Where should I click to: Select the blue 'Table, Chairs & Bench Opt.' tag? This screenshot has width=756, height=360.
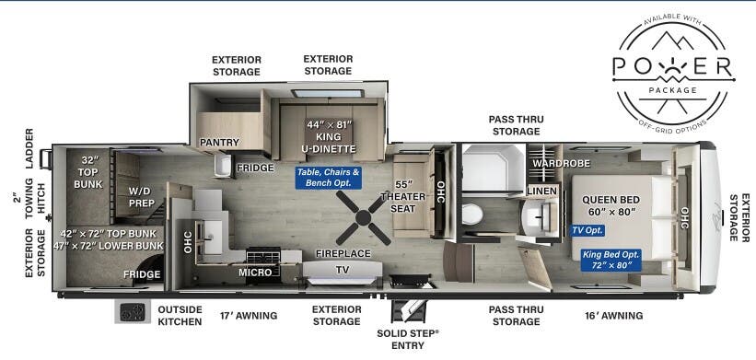[x=328, y=178]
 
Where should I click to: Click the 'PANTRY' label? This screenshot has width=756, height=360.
[x=220, y=143]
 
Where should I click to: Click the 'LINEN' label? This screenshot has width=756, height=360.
[x=541, y=191]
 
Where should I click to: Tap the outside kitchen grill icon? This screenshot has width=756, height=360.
[x=132, y=312]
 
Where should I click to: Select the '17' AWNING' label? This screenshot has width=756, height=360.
[x=249, y=316]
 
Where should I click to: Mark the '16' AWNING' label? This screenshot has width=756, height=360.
[x=614, y=316]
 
